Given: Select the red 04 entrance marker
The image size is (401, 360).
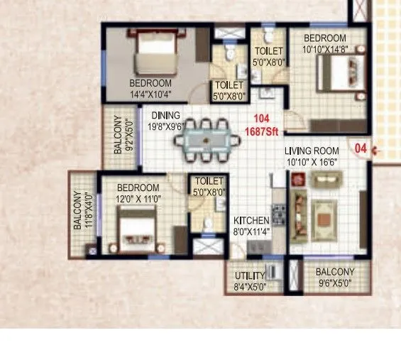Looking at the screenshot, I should click(361, 150).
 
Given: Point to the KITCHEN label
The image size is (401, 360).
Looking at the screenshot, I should click(251, 220).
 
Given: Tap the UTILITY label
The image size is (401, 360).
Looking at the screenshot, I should click(251, 276).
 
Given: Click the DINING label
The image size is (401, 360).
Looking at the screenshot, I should click(165, 115).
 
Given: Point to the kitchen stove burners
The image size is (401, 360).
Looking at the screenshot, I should click(280, 212).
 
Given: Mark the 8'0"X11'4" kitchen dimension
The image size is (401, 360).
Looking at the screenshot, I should click(251, 230).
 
